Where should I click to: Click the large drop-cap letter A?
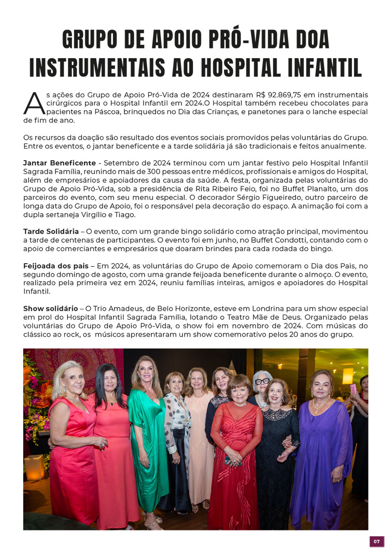(x=34, y=102)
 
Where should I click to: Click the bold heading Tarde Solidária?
(x=51, y=231)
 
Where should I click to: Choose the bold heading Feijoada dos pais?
(x=55, y=266)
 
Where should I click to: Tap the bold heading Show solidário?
(x=50, y=308)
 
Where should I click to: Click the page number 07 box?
(x=377, y=541)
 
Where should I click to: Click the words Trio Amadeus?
(x=109, y=308)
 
